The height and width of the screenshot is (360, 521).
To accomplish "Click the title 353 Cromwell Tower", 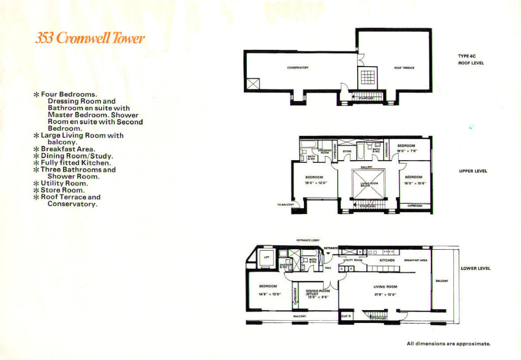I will pos(90,39).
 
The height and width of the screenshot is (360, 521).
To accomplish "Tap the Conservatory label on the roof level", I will pos(298,68).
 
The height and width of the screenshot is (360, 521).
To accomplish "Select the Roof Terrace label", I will pos(404,68).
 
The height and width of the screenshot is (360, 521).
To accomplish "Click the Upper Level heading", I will pos(473,171).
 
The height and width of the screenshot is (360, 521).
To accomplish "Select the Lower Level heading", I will pos(475,268).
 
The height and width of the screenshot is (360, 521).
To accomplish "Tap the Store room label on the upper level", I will pos(347,151).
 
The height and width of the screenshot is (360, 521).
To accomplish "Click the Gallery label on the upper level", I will pos(367,166).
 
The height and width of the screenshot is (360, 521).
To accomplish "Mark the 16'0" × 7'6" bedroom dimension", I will pos(408,151).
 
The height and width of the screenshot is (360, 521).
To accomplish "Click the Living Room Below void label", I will pos(369,184).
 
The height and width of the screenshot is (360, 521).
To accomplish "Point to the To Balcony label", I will pos(285,204).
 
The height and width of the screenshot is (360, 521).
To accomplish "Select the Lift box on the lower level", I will pos(266,258).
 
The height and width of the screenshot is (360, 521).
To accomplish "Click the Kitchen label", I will pos(387,260).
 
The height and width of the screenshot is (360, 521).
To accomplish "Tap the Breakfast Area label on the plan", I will pos(415,260).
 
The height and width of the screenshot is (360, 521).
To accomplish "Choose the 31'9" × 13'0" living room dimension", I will pos(385,294).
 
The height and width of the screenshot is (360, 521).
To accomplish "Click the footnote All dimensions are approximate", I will pos(448,344).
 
